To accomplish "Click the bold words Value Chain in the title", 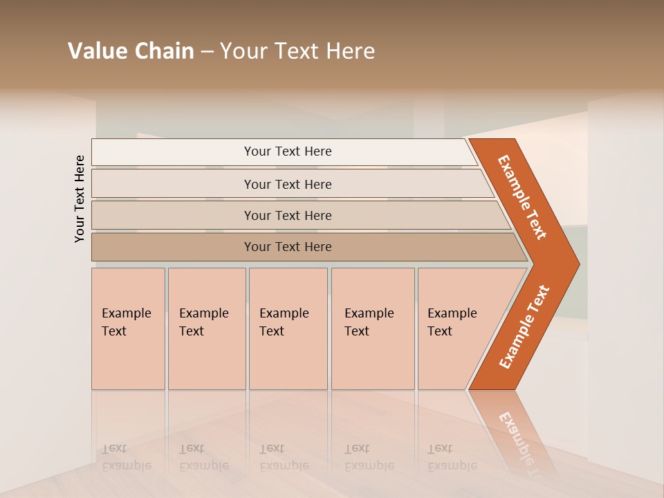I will pos(131,51).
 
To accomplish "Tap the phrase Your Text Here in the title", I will pos(297,51).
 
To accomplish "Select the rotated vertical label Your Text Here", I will pos(80,199).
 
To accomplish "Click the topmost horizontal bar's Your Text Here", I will pos(288,151).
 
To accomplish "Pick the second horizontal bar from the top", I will pos(288,184).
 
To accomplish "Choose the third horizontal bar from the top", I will pos(288,215).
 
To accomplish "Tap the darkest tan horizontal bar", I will pos(288,247).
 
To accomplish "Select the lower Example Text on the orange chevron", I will pos(524,327).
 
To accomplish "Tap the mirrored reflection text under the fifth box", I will pos(452,457).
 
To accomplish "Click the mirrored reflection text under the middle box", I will pos(284,457).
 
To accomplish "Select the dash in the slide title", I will pos(207,52).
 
